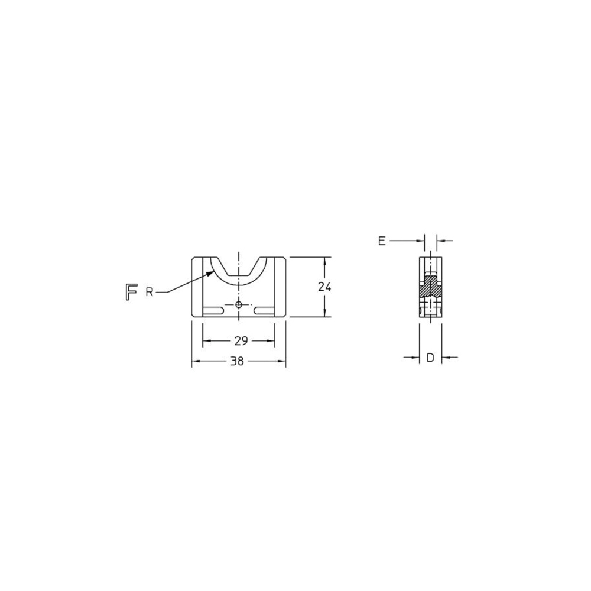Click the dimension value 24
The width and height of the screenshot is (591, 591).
[x=324, y=287]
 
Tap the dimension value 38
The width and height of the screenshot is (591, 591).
[x=237, y=361]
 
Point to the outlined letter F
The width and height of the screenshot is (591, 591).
[x=131, y=292]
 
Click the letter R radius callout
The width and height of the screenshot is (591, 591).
[x=150, y=292]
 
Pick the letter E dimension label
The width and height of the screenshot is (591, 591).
[x=382, y=241]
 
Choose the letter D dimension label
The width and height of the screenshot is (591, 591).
[x=430, y=357]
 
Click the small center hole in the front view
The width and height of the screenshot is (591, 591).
[x=238, y=304]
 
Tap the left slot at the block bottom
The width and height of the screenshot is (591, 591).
[x=213, y=310]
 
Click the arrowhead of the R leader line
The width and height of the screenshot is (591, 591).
[x=211, y=273]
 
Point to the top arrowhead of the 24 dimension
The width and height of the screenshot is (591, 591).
[x=324, y=260]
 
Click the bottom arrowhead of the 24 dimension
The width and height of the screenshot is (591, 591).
[x=324, y=314]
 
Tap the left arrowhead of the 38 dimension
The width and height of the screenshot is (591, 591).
[x=194, y=361]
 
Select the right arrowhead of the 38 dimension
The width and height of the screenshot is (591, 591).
[x=282, y=361]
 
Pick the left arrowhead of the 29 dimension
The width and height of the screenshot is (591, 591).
[x=206, y=341]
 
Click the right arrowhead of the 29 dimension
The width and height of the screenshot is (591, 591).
[x=272, y=341]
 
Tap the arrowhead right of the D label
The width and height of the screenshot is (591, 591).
[x=444, y=357]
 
